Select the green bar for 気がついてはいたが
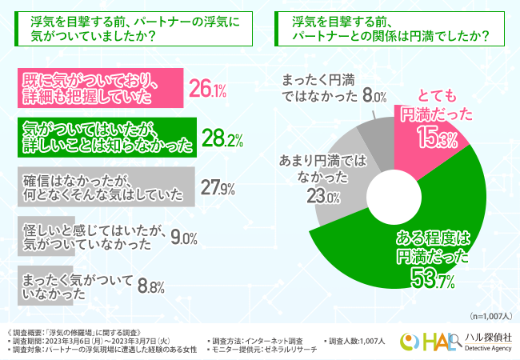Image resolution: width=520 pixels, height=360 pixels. click(x=104, y=137)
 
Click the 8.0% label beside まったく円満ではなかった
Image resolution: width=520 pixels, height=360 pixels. click(x=374, y=96)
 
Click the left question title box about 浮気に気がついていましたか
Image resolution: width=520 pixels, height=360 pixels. click(x=132, y=30)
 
